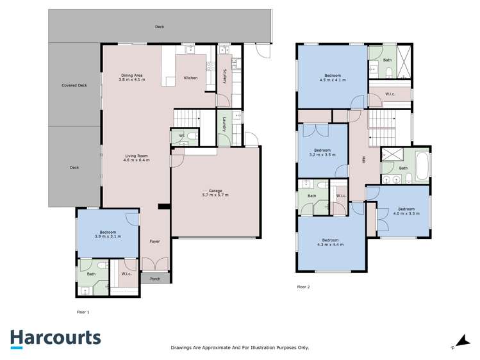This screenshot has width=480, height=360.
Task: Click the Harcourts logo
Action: click(x=55, y=338)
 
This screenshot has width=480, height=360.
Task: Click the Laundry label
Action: click(x=224, y=124)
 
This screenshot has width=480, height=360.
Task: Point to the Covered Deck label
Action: click(x=74, y=85)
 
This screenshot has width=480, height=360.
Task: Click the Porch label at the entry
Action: click(x=155, y=279)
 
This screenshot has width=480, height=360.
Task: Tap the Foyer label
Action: click(x=154, y=241)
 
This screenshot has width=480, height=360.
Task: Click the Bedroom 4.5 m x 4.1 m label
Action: click(x=332, y=78)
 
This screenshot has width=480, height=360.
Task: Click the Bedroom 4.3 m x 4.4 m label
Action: click(x=330, y=242)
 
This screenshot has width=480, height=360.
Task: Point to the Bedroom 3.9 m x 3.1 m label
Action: click(x=108, y=234)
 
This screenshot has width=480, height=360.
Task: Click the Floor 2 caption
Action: click(x=303, y=287)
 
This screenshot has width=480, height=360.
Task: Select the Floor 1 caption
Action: click(x=83, y=311)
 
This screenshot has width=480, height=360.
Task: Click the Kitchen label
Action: click(x=190, y=78)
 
